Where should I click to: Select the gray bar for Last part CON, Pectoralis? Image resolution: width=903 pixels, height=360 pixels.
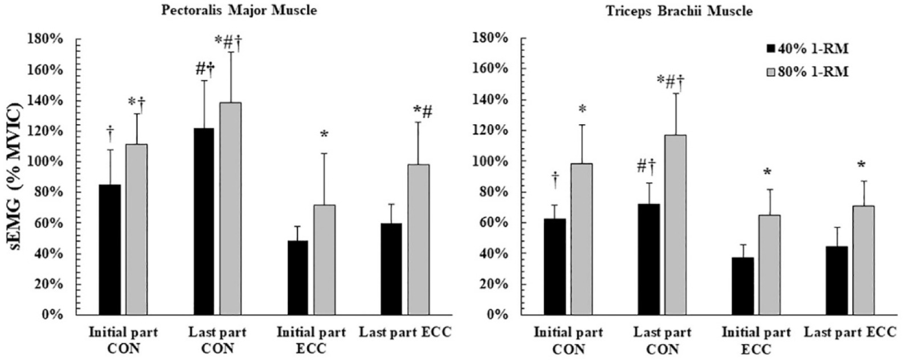point(231,208)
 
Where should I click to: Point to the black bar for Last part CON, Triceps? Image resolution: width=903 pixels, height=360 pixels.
point(649,259)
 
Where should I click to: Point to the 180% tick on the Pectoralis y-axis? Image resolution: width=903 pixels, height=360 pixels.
point(48,39)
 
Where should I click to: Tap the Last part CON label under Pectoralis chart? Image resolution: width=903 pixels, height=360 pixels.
point(217,340)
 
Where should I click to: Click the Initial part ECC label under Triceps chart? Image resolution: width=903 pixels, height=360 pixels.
point(756,340)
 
